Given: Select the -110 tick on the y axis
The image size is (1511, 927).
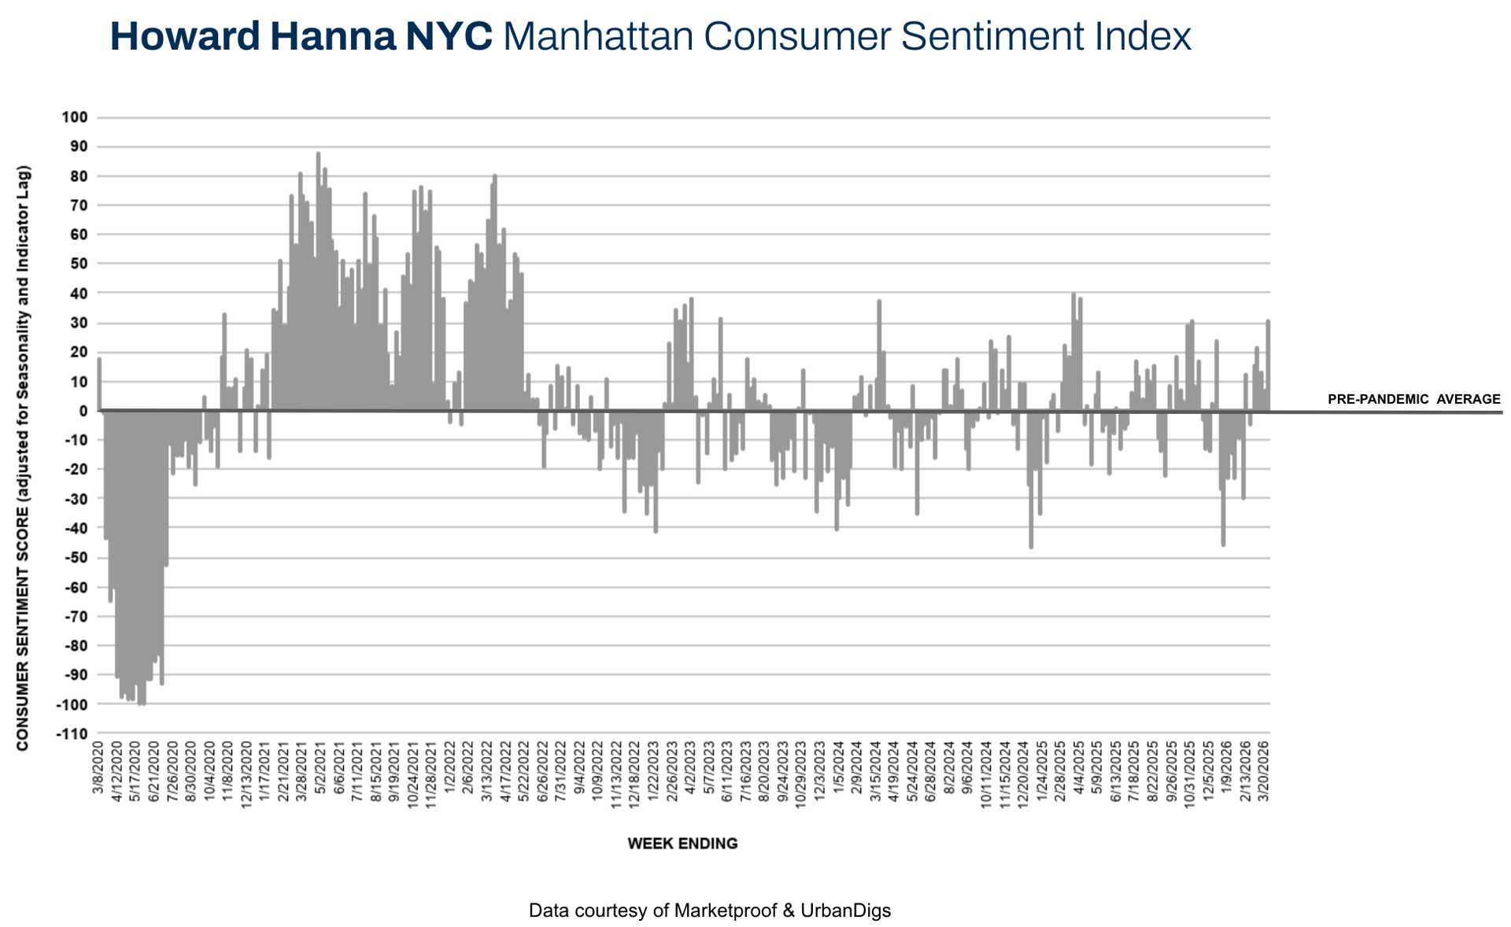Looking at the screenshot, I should tap(72, 733).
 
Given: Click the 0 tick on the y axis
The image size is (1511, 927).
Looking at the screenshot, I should tap(83, 411).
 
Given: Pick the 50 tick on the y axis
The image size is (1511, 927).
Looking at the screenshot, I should tap(78, 264).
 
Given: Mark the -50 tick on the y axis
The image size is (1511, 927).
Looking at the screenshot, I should tap(76, 558).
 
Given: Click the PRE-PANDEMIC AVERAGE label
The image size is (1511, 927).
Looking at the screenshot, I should tap(1413, 399).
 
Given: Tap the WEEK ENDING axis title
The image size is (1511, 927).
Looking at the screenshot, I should tap(682, 844).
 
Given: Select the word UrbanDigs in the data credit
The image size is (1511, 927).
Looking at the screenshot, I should tap(845, 910).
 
